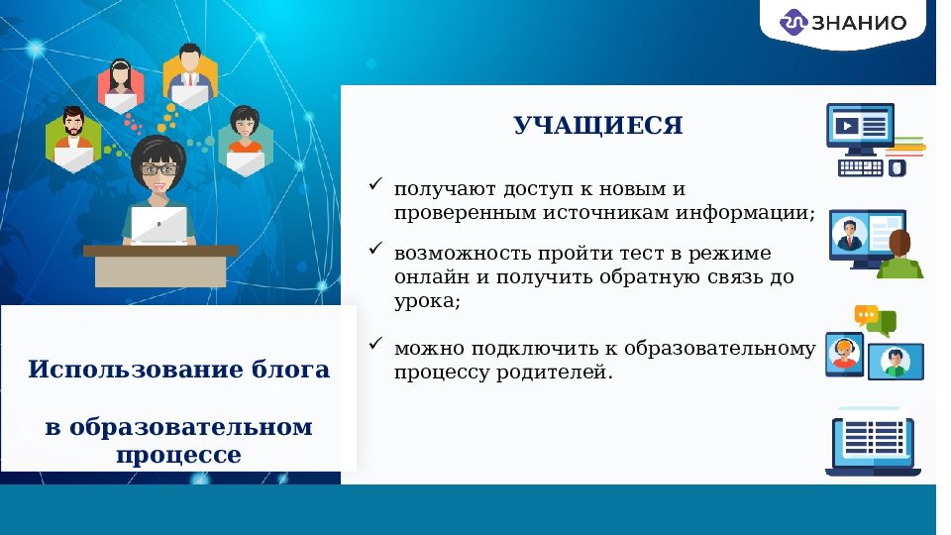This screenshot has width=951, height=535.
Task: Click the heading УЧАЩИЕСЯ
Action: point(597,126)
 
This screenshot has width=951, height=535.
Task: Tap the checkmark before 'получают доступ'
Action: point(375,184)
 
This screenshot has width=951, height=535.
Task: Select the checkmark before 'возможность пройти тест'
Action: point(375,250)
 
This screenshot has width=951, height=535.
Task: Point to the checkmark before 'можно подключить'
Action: point(375,344)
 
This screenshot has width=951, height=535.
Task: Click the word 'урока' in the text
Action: point(426,302)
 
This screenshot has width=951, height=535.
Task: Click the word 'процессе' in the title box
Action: point(178,456)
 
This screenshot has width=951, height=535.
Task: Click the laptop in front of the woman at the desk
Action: point(159,225)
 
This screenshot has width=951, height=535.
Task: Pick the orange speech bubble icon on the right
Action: point(867,315)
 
